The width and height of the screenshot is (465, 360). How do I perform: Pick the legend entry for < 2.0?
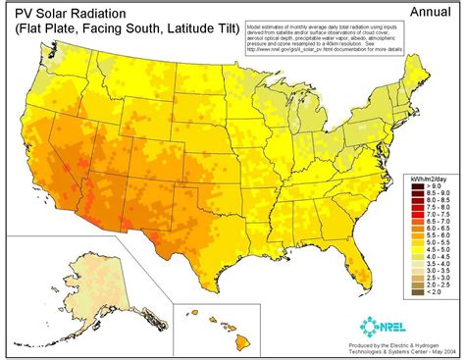pyautogui.click(x=428, y=291)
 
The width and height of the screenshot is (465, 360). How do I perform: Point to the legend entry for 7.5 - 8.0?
pyautogui.click(x=428, y=203)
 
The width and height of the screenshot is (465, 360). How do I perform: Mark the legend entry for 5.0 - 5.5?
pyautogui.click(x=428, y=239)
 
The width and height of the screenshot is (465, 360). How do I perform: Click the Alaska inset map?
pyautogui.click(x=69, y=294)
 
